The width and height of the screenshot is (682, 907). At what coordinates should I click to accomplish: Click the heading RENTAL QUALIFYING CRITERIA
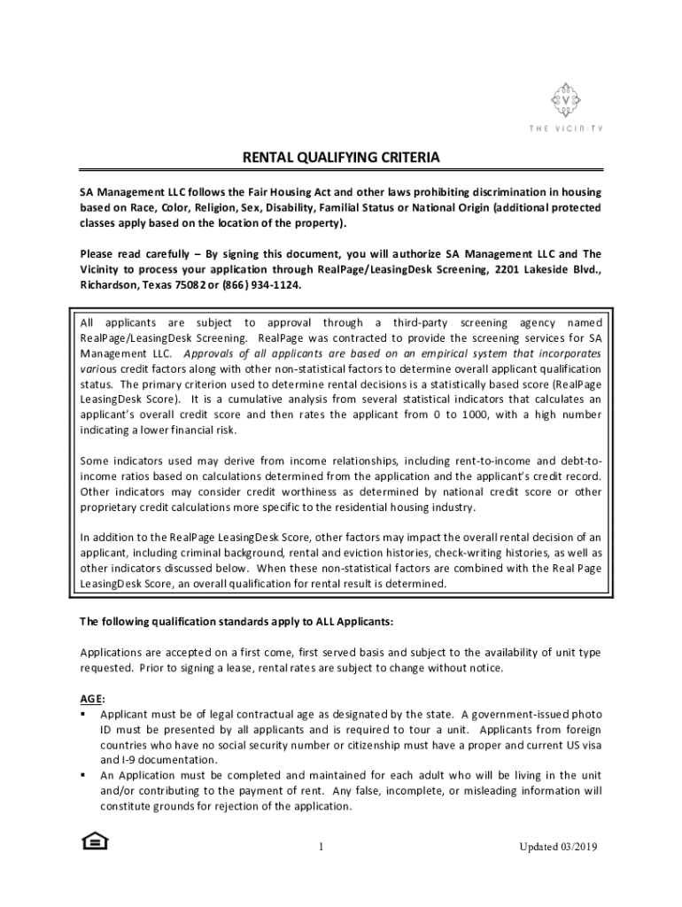click(341, 159)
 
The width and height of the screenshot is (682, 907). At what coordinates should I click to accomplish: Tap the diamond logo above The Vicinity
click(565, 101)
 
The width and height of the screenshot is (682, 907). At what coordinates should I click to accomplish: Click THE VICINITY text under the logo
click(565, 129)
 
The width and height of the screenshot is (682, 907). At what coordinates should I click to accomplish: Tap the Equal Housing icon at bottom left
click(94, 841)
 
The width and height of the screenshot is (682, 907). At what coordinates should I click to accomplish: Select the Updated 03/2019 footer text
click(558, 848)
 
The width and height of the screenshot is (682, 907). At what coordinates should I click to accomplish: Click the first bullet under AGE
click(82, 714)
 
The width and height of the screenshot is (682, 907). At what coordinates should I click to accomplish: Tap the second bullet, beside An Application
click(82, 776)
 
